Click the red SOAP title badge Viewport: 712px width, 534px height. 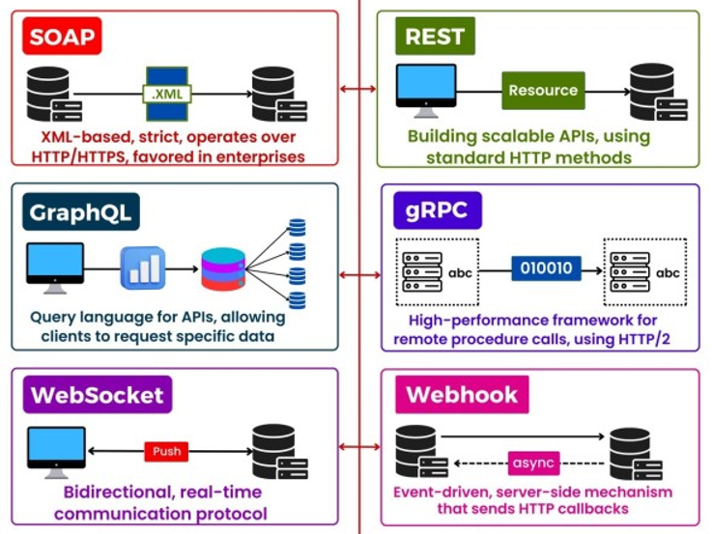click(x=63, y=38)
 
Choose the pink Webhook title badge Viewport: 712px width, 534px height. click(x=462, y=394)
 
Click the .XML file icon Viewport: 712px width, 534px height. click(x=170, y=93)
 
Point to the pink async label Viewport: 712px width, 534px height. click(x=532, y=463)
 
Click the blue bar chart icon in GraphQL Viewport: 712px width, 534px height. click(x=142, y=267)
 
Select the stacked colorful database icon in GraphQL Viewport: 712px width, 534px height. click(x=225, y=269)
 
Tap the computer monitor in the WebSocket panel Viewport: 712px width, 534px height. click(x=54, y=450)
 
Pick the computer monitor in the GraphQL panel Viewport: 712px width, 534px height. click(x=54, y=267)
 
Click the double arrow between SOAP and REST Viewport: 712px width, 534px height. click(x=358, y=89)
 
